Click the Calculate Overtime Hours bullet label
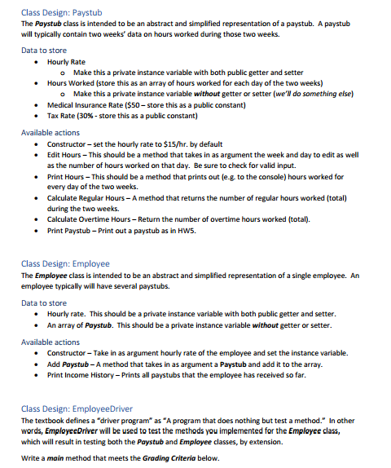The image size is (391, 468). [91, 219]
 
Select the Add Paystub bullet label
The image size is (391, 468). [68, 364]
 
